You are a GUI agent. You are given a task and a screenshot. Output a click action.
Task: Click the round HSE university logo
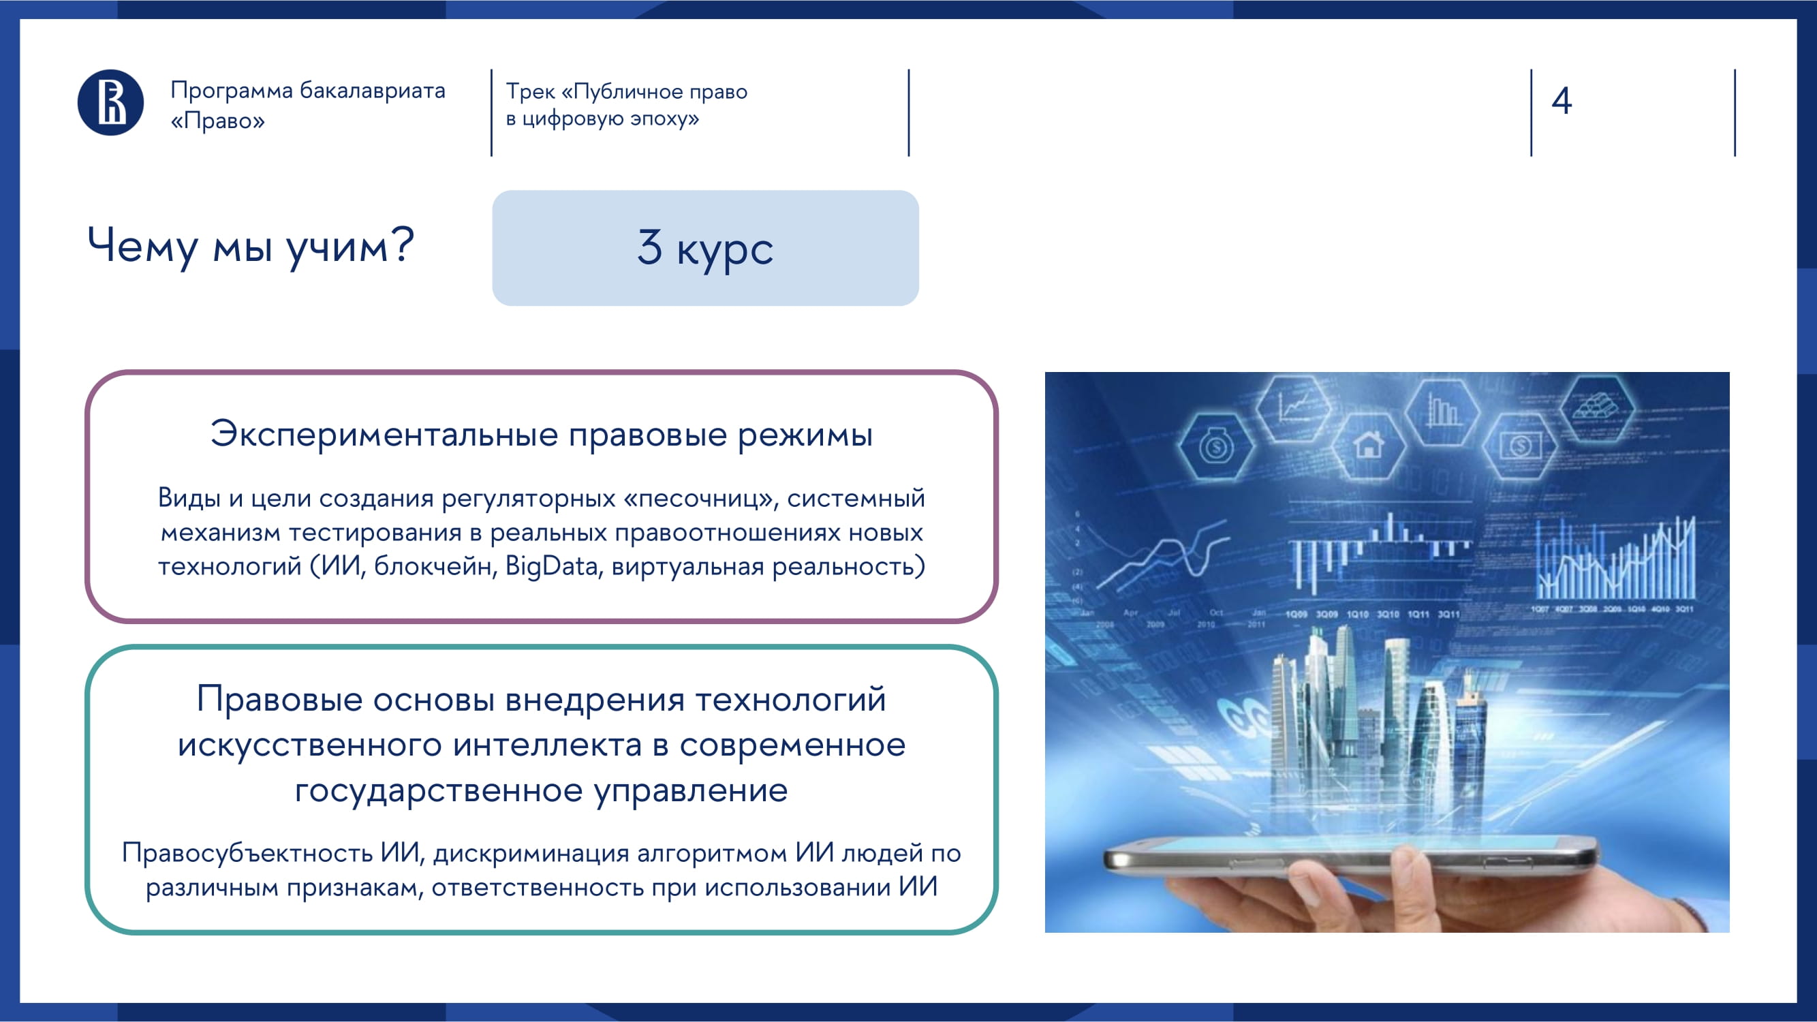111,103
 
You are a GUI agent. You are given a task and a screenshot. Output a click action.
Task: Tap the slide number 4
1562,100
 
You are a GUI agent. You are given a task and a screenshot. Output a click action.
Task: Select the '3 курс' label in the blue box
705,248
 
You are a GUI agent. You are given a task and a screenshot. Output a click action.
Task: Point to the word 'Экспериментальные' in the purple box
384,434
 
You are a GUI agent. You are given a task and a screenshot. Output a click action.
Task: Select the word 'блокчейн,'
435,566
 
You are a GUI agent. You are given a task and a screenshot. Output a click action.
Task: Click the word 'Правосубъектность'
247,854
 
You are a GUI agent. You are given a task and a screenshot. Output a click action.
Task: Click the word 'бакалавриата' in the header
373,91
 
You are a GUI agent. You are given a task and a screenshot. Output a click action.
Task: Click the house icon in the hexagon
1369,445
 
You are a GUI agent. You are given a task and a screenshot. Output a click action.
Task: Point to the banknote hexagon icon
1520,445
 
